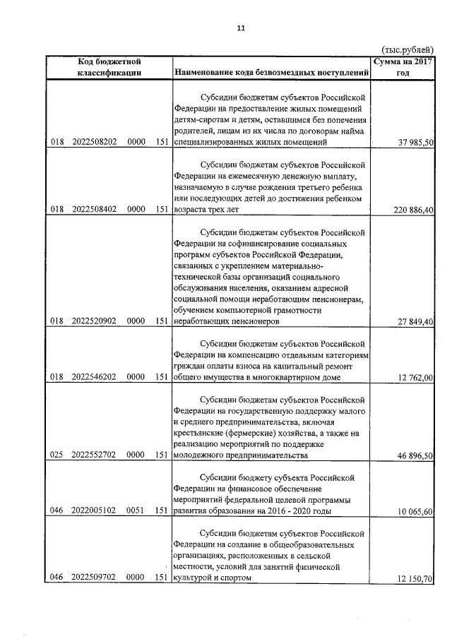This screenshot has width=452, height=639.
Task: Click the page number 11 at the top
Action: pyautogui.click(x=239, y=28)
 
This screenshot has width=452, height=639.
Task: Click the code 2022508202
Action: pyautogui.click(x=94, y=142)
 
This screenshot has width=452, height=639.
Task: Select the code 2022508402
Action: pyautogui.click(x=94, y=210)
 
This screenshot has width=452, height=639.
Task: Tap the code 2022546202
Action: pyautogui.click(x=94, y=378)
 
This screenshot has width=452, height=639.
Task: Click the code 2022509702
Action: pyautogui.click(x=94, y=578)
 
